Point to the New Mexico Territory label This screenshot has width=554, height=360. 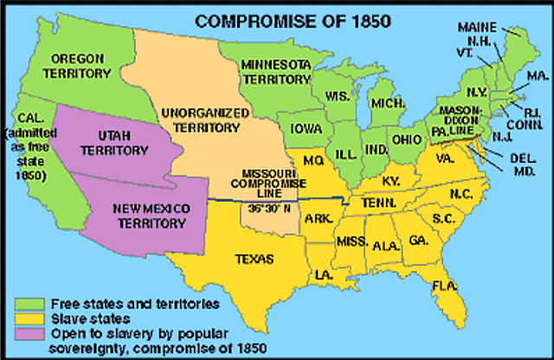pyautogui.click(x=150, y=214)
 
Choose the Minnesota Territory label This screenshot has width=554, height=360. pyautogui.click(x=277, y=70)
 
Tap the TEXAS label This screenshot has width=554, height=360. pyautogui.click(x=254, y=258)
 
